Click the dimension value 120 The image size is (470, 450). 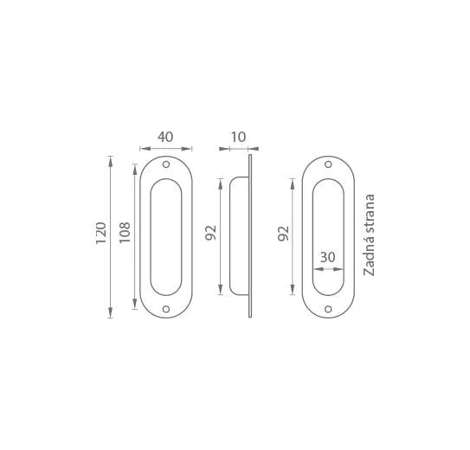point(101,233)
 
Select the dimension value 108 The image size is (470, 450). point(125,233)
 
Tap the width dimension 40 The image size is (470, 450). point(165,137)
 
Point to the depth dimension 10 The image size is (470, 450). point(239,137)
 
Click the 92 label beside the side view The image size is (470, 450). point(210,233)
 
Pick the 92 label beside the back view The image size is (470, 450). point(284,234)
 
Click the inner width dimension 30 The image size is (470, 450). point(328,257)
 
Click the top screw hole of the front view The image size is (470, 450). point(166,164)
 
